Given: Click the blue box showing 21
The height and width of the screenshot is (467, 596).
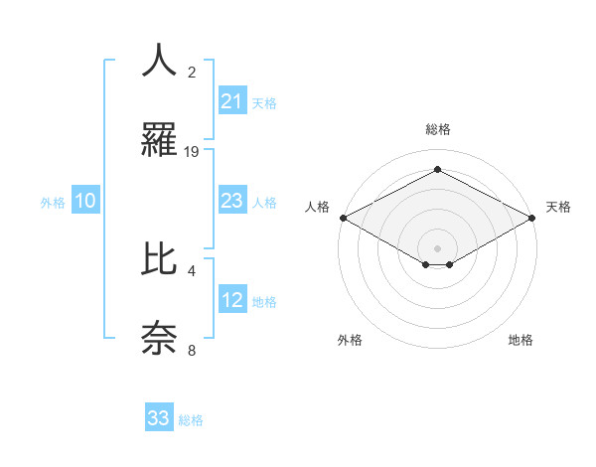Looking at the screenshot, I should click(231, 101).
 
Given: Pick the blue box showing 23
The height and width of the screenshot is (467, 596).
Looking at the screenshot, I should click(231, 201).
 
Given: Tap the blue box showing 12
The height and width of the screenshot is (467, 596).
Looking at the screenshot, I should click(231, 300).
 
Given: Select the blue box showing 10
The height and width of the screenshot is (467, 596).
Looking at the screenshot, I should click(85, 201).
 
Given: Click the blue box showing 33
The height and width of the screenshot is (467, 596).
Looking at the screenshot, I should click(159, 418).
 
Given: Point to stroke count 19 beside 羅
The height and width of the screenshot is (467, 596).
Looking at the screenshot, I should click(193, 152).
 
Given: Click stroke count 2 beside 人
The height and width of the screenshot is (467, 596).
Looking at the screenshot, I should click(192, 72).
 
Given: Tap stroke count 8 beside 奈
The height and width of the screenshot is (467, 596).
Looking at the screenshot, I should click(192, 351).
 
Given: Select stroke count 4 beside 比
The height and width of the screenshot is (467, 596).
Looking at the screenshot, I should click(192, 269).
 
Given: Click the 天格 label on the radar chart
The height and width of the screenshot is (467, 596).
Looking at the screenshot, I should click(558, 207).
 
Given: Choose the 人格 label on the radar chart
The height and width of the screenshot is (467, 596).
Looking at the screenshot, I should click(317, 207).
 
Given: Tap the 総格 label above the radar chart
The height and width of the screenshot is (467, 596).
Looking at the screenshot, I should click(438, 129).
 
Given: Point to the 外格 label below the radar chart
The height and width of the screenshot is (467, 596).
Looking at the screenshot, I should click(350, 340).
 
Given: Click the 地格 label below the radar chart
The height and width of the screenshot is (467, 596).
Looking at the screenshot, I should click(521, 340).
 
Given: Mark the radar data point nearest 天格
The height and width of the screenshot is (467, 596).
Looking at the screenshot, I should click(533, 218).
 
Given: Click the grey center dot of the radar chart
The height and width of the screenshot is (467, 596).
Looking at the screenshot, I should click(438, 246).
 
